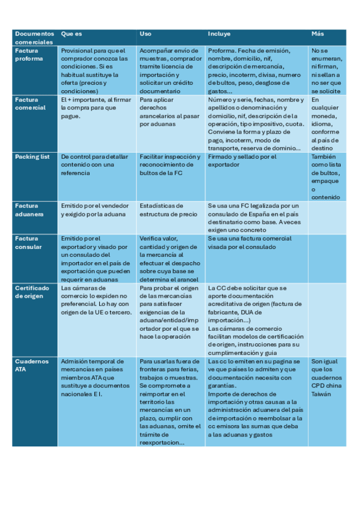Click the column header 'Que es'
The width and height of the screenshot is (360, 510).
click(72, 34)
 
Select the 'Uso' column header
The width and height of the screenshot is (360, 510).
click(145, 34)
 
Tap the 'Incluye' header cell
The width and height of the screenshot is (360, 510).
click(219, 34)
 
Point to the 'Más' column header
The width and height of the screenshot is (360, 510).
click(317, 34)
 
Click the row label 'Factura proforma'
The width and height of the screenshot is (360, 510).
click(29, 55)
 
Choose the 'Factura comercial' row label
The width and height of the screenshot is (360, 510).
click(30, 103)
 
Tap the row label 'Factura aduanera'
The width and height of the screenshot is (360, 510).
click(29, 209)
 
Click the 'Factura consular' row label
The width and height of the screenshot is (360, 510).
click(29, 242)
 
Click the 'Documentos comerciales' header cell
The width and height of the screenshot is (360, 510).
click(34, 38)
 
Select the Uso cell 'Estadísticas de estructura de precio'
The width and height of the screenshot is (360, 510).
click(168, 209)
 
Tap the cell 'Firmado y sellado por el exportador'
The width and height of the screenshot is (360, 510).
click(242, 160)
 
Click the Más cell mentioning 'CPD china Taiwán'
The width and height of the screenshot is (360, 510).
click(327, 376)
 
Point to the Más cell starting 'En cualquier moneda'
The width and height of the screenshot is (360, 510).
click(327, 123)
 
